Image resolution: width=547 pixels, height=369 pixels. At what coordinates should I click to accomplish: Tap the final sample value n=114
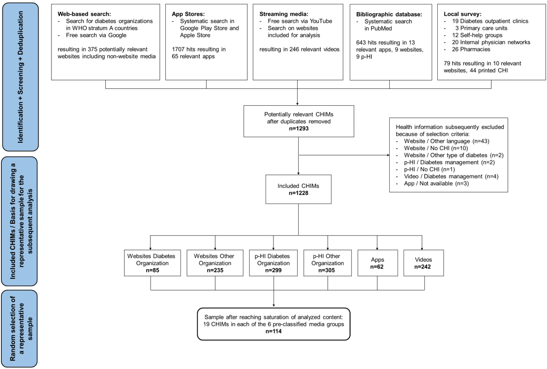tap(273, 332)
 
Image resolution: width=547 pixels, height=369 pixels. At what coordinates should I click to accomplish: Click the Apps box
tap(377, 262)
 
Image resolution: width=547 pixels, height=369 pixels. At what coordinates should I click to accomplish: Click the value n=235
tap(215, 271)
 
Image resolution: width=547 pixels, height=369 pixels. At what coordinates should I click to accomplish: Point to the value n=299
tap(273, 271)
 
